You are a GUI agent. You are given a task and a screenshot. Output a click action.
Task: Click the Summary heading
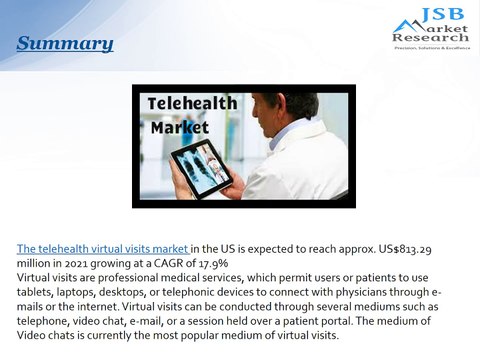(x=65, y=44)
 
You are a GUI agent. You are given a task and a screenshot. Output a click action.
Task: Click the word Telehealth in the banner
(x=192, y=103)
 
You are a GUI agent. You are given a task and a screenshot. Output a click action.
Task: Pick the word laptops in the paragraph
(x=87, y=290)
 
